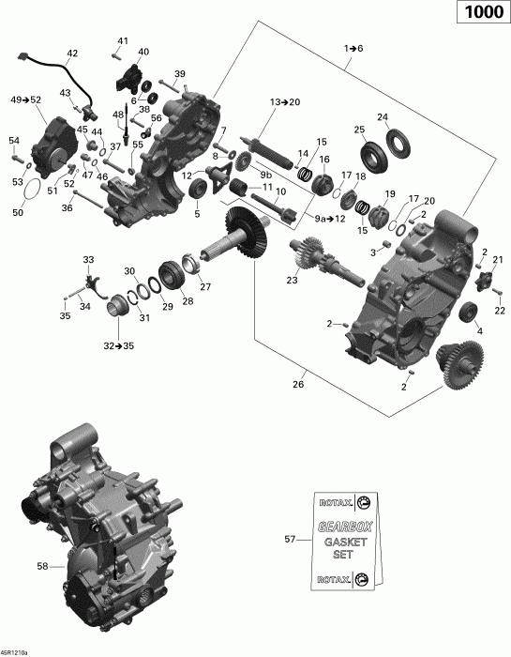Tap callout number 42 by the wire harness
coord(72,53)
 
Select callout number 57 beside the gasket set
coord(290,540)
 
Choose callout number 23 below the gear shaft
coord(293,279)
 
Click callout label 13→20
coord(286,100)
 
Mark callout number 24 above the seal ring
coord(383,117)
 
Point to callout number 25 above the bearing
coord(359,129)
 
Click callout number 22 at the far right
coord(499,311)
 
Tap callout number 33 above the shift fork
coord(88,259)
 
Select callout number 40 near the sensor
coord(143,52)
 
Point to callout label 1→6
coord(353,47)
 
